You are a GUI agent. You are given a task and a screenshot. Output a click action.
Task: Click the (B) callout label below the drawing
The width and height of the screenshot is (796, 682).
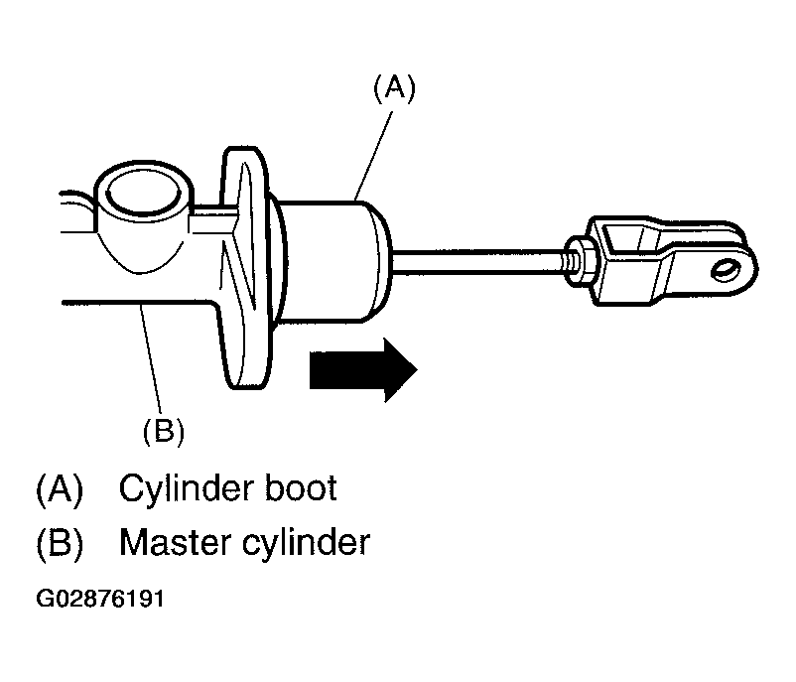pos(164,431)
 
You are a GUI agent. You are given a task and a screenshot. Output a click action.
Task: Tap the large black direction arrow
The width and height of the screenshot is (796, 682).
pos(363,369)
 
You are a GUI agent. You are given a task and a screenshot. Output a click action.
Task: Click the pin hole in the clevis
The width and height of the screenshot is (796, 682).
pos(727,269)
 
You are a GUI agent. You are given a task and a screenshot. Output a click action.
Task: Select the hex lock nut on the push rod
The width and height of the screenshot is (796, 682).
pos(580,260)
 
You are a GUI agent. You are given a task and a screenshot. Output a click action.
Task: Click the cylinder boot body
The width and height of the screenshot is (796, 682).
pos(332,261)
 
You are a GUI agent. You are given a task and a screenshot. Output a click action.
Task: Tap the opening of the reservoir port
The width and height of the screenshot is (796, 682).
pos(145,194)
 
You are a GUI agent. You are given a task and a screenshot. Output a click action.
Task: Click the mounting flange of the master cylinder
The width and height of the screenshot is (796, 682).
pos(244,268)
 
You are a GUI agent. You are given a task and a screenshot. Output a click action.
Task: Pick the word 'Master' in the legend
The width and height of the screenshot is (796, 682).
pos(175,543)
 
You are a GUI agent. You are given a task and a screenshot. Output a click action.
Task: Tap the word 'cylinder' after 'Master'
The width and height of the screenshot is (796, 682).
pos(306,544)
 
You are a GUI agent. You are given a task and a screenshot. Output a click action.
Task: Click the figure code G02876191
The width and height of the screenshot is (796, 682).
pos(100,599)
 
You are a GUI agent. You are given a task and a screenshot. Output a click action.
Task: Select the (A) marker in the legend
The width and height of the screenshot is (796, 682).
pos(60,489)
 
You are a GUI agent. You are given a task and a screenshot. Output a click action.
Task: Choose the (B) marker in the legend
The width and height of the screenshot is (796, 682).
pos(60,544)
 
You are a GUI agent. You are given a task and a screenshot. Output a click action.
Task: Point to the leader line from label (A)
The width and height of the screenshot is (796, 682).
pos(373,156)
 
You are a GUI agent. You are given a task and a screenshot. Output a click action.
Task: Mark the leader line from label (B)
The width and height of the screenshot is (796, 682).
pos(151,358)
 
